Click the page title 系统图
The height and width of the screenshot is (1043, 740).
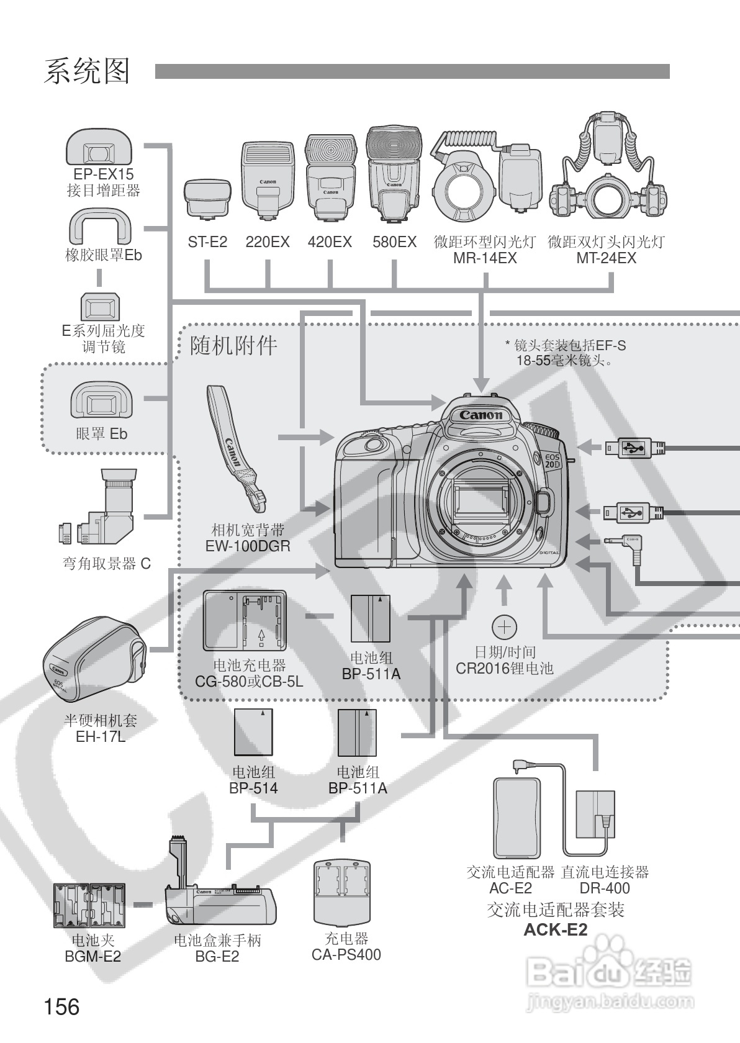[x=87, y=71]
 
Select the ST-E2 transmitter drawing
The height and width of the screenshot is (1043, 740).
[x=208, y=200]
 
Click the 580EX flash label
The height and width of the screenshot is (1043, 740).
[x=394, y=242]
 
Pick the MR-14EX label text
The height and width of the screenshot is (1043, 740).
[x=485, y=258]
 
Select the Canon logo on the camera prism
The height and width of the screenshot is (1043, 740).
[x=481, y=415]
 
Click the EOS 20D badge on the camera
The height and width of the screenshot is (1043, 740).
[x=553, y=460]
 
